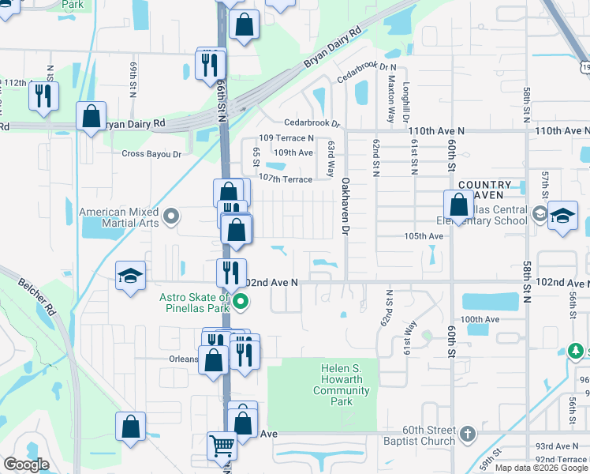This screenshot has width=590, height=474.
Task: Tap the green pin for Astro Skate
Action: click(x=243, y=301)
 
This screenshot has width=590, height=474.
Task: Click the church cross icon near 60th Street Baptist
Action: click(x=468, y=434)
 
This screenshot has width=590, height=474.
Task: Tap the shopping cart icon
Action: click(x=222, y=446)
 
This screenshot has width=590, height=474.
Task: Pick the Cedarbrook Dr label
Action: click(x=312, y=124)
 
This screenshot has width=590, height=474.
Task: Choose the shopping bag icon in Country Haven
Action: click(x=458, y=205)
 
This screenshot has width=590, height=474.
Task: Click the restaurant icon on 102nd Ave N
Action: click(x=231, y=273)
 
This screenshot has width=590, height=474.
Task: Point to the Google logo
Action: click(x=26, y=465)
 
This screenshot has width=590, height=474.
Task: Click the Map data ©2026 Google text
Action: click(x=541, y=468)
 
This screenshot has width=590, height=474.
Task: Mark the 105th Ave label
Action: click(x=424, y=236)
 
